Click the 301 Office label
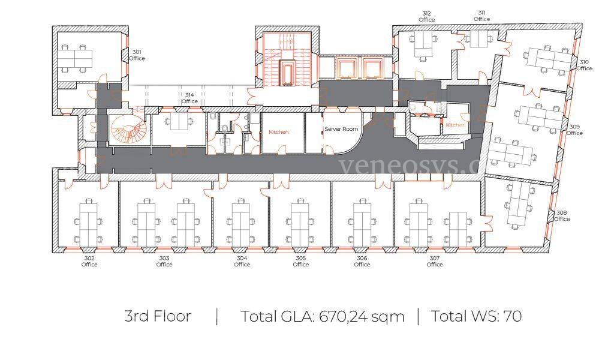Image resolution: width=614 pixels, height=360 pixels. pos(137,55)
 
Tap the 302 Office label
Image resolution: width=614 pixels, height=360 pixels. pos(89,261)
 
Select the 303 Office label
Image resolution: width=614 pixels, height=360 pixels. pos(164,261)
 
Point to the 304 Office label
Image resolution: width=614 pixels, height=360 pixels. pos(242,261)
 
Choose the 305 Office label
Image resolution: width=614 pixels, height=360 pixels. pos(301,261)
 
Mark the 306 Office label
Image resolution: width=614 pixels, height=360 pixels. pos(362,261)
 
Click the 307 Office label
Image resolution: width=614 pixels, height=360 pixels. pos(435,261)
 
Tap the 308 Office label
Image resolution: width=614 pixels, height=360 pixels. pos(561,216)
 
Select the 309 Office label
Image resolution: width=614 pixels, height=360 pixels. pos(574,130)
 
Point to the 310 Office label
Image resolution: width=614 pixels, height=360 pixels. pos(584,65)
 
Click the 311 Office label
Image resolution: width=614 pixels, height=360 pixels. pos(481,16)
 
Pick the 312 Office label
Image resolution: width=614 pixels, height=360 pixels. pos(426,16)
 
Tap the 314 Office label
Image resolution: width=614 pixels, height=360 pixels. pos(189,98)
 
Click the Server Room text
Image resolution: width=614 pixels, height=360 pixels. pos(341,129)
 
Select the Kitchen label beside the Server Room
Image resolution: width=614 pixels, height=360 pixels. pos(278,132)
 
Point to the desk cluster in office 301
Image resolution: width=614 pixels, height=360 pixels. pos(77,58)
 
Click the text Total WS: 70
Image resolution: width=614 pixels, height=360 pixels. pos(476,316)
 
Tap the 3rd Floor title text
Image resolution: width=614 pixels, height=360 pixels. pos(158,316)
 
